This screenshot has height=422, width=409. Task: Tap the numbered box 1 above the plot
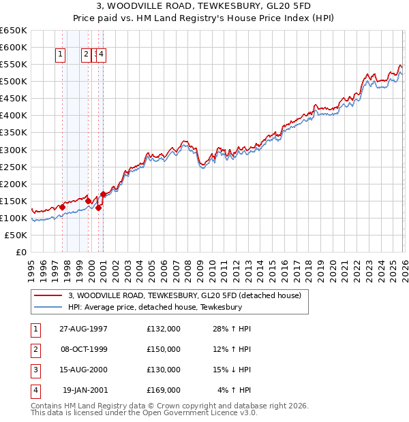pos(61,54)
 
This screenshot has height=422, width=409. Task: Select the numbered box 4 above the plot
pos(101,54)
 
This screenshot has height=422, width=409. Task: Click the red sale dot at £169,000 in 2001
pos(103,194)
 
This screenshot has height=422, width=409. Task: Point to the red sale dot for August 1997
pos(62,207)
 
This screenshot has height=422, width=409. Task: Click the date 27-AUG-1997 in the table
pos(83,329)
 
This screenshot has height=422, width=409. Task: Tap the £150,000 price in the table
pos(163,349)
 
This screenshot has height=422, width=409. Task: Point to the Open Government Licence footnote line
pos(144,412)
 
